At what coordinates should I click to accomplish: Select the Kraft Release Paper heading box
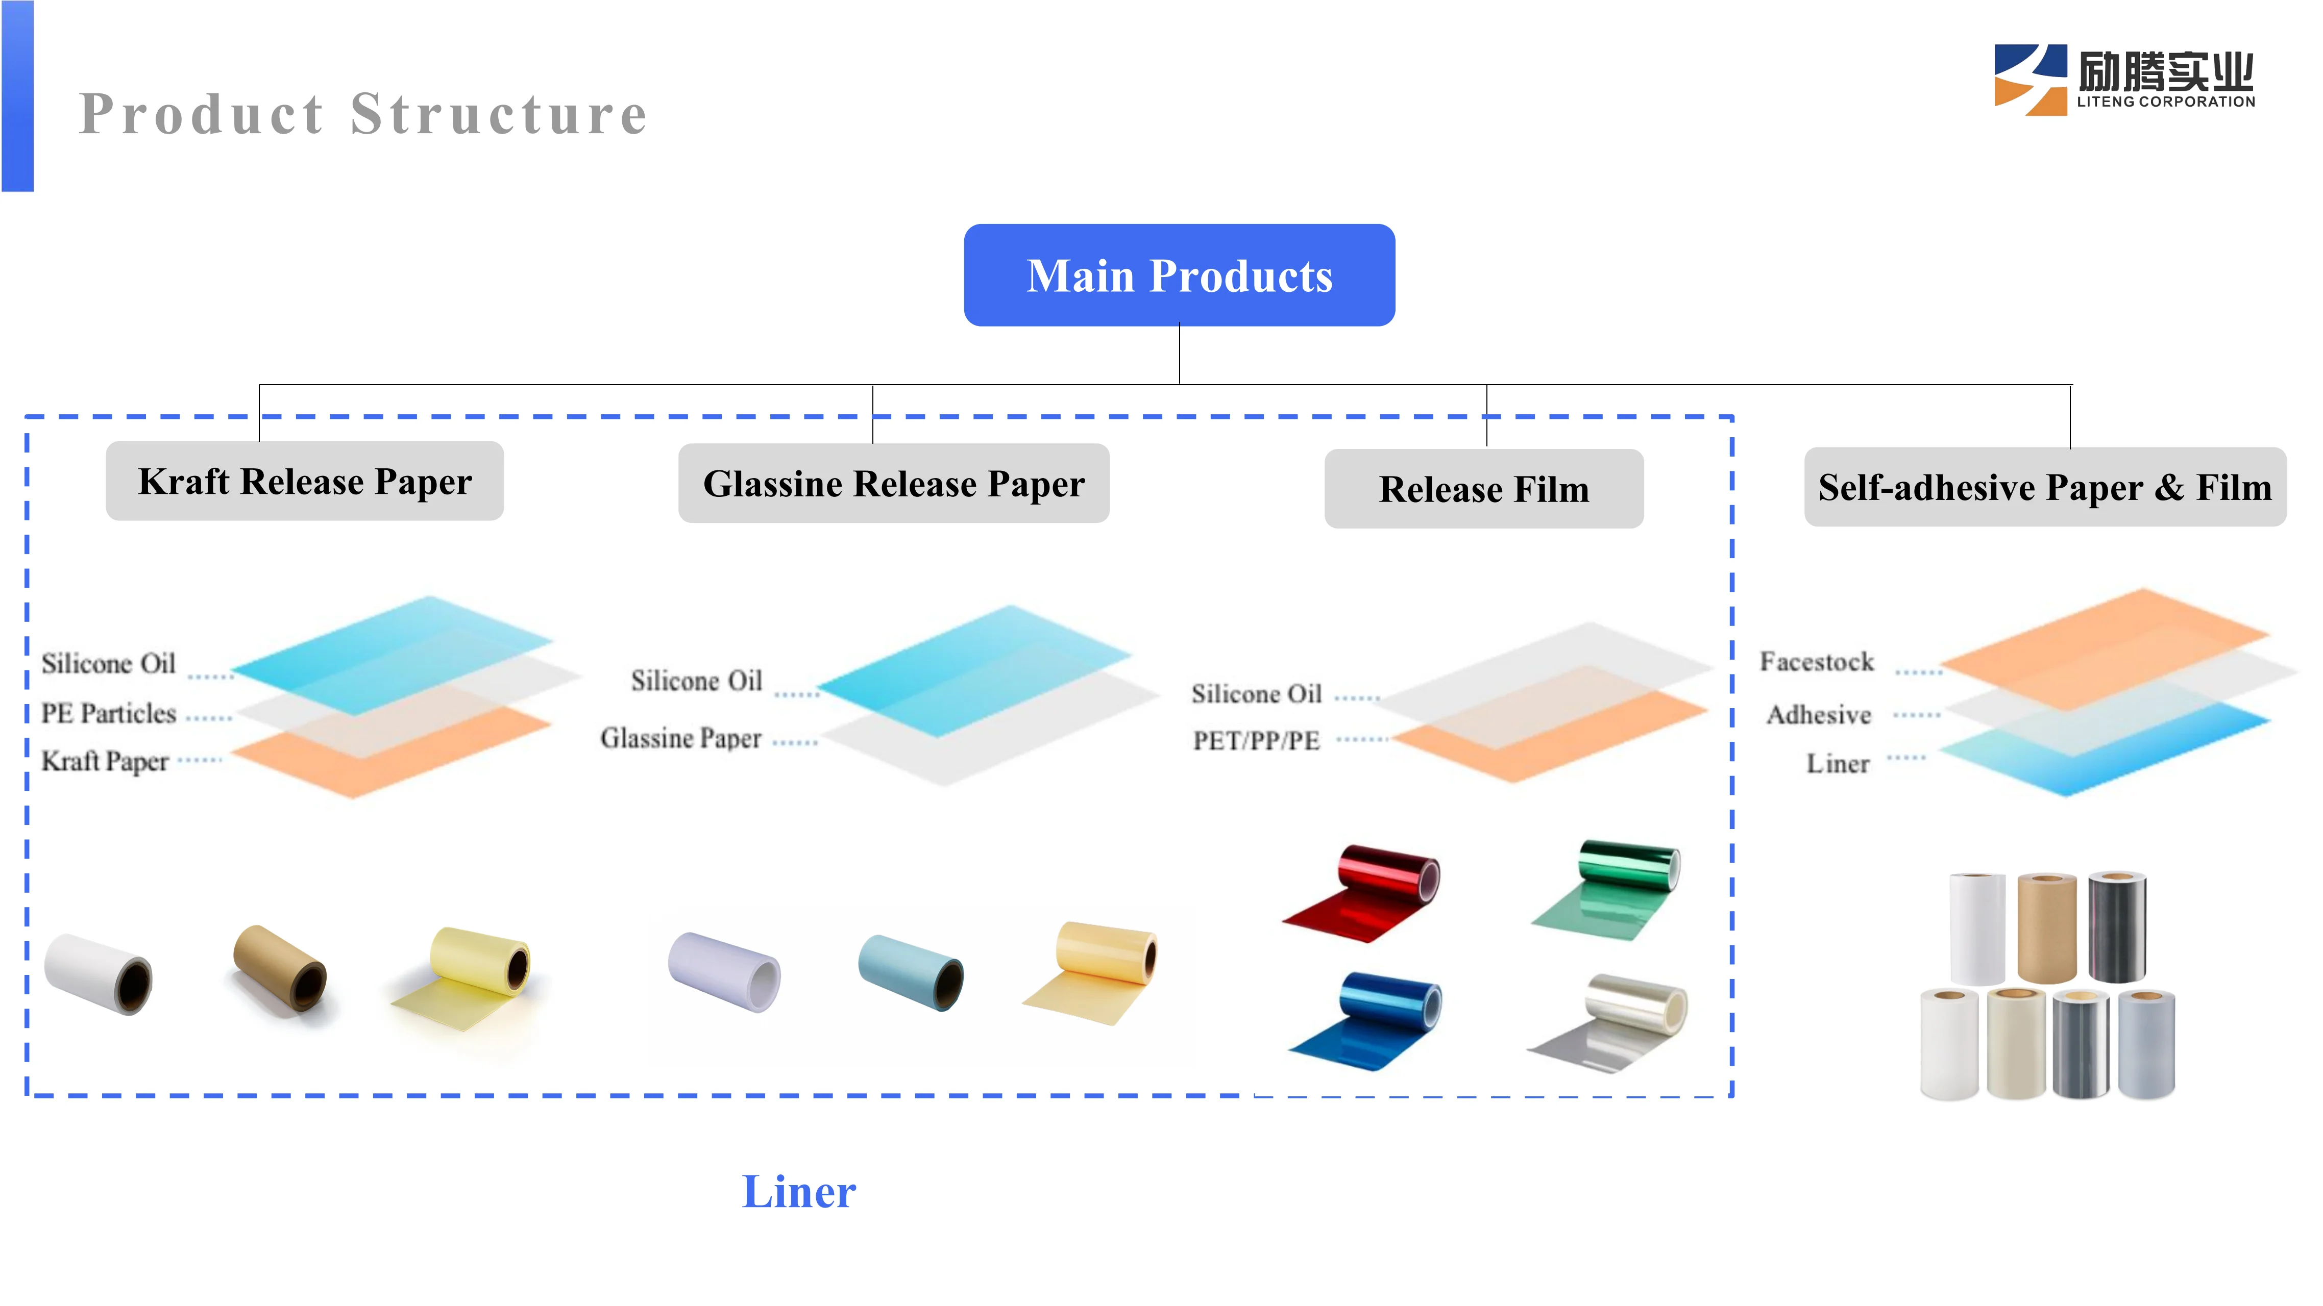click(305, 481)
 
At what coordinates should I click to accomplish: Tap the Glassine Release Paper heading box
click(894, 484)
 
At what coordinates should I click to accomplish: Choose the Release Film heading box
click(1483, 489)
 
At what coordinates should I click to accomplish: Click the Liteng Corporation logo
click(2124, 79)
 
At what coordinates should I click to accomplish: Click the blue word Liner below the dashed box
click(799, 1192)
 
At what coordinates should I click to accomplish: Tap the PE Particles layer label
click(109, 713)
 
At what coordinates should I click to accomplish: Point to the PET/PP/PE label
click(1256, 740)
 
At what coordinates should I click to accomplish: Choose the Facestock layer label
click(1816, 662)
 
